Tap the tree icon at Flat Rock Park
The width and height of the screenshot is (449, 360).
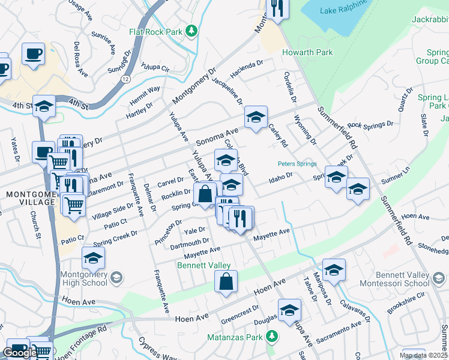click(x=191, y=30)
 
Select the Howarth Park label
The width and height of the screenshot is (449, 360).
click(x=307, y=53)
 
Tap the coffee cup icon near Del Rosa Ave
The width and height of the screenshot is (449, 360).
click(x=33, y=53)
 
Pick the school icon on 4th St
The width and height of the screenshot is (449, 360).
click(x=44, y=106)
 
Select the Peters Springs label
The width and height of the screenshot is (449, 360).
click(x=297, y=163)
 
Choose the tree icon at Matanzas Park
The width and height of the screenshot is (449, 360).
click(x=273, y=335)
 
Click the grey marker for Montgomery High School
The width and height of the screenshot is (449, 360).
click(x=116, y=277)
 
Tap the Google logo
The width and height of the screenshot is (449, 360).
click(x=20, y=353)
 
